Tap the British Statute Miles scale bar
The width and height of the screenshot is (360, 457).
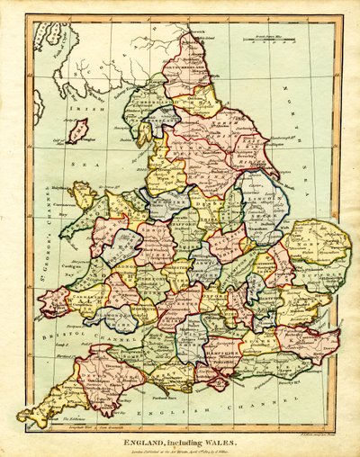tap(279, 37)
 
